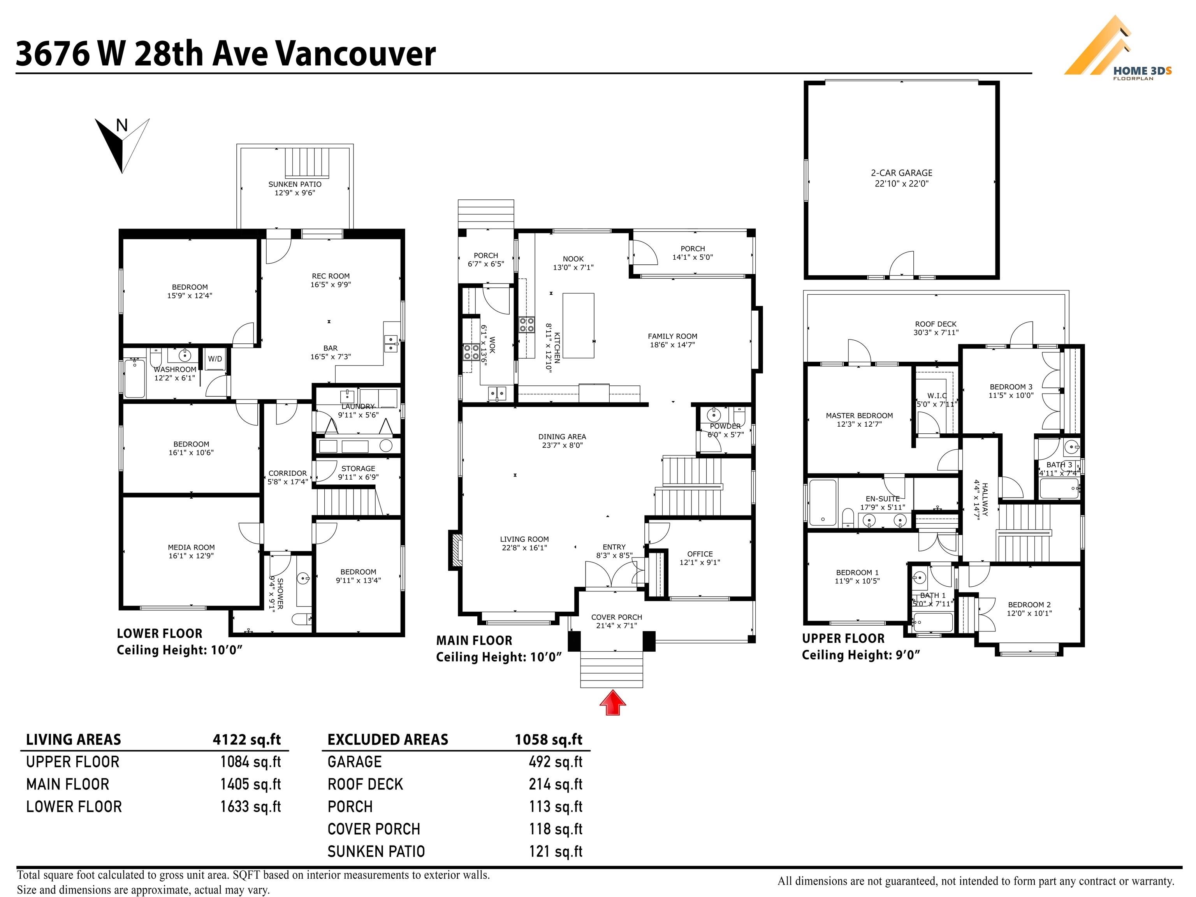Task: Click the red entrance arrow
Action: (612, 702)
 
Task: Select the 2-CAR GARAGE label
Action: (901, 178)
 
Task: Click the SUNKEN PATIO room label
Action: (295, 188)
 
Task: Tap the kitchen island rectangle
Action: (578, 325)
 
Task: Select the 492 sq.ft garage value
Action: (555, 762)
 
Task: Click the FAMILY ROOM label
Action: (673, 340)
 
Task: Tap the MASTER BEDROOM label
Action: (859, 420)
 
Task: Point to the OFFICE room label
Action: (700, 558)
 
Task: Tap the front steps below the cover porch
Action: (612, 669)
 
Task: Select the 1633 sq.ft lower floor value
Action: (250, 807)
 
